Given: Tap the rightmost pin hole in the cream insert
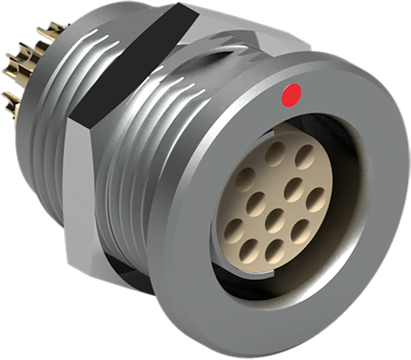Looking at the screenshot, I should coord(316,200).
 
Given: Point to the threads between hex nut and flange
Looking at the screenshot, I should coord(136,173).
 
